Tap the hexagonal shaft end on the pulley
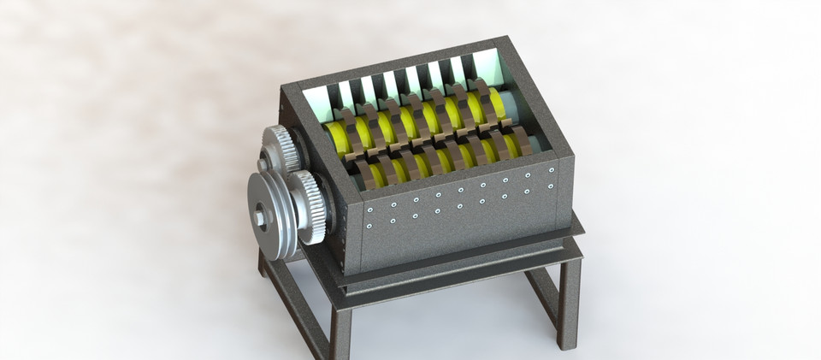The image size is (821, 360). (259, 218)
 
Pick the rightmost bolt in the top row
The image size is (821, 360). (552, 170)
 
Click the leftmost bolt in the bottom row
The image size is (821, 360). (369, 227)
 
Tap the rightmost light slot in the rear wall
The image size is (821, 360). (487, 65)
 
